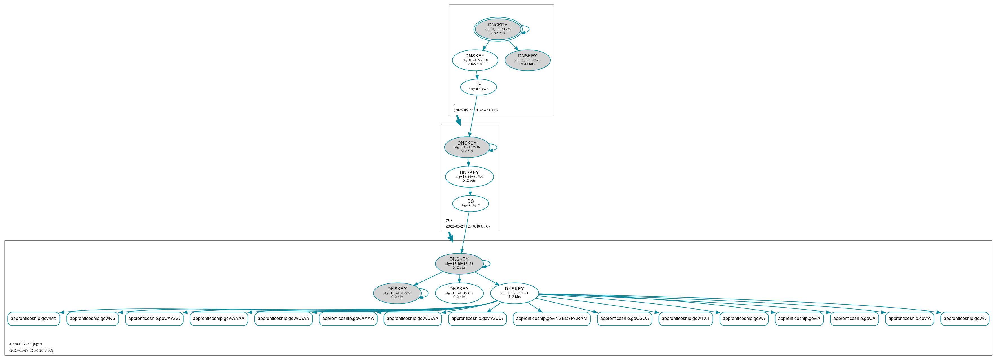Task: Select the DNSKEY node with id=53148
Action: click(475, 60)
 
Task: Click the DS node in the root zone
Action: click(478, 87)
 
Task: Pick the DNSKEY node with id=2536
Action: click(467, 147)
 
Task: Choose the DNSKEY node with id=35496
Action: click(469, 177)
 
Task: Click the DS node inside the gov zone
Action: click(470, 203)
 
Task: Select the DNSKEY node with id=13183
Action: click(459, 264)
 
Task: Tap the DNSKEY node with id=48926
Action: click(397, 293)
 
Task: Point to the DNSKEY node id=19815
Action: click(459, 293)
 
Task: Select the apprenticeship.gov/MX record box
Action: click(34, 319)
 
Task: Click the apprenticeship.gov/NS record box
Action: click(92, 319)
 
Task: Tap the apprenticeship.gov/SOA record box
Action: click(624, 319)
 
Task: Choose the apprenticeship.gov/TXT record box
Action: click(685, 319)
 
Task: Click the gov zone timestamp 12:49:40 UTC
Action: click(468, 226)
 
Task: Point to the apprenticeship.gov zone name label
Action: click(26, 343)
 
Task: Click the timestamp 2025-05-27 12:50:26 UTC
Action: click(31, 350)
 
